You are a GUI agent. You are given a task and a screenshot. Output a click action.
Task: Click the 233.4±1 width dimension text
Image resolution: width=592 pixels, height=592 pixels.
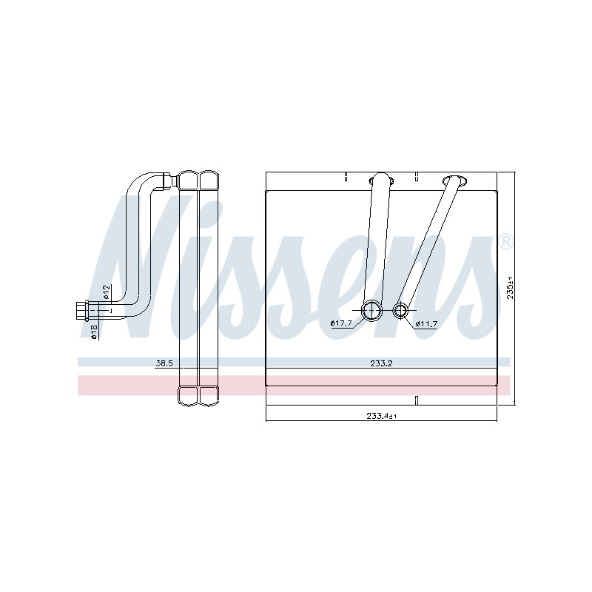click(381, 416)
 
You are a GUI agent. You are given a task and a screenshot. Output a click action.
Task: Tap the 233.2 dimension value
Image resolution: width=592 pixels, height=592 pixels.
click(381, 363)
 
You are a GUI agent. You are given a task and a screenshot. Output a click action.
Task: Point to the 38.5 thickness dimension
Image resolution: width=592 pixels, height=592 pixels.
click(164, 363)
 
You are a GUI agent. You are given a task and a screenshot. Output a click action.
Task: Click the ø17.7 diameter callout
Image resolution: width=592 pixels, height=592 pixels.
click(341, 323)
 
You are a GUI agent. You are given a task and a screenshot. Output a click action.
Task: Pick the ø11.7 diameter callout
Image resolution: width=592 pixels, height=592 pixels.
click(426, 323)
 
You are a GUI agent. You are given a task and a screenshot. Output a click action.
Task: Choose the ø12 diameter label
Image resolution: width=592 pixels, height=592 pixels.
click(107, 292)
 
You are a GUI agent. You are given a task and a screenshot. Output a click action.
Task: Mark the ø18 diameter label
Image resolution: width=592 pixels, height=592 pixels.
click(95, 332)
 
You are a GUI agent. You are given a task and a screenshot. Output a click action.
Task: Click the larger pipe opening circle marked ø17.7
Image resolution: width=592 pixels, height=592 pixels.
click(372, 311)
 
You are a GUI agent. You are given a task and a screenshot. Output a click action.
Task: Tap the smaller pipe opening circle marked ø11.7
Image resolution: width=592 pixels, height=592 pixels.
click(400, 311)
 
